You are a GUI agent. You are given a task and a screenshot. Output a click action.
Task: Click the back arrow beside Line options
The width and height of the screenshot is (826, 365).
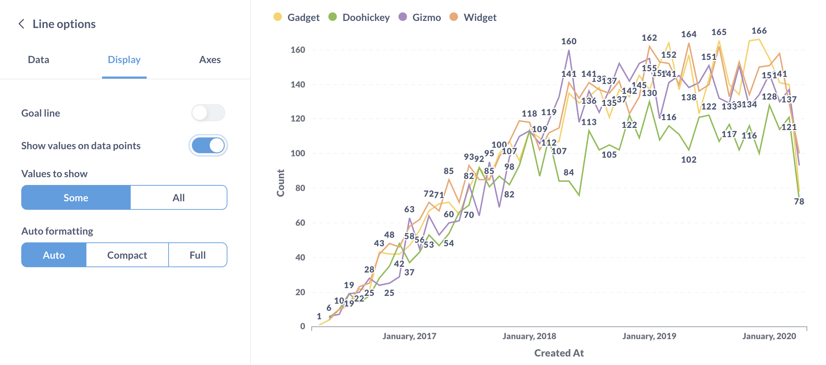[22, 24]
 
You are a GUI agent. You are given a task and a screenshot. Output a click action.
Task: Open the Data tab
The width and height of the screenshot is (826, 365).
[39, 60]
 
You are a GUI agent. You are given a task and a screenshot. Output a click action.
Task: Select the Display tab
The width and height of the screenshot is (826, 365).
[124, 60]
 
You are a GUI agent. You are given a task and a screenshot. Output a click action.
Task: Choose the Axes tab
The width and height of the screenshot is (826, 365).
[210, 60]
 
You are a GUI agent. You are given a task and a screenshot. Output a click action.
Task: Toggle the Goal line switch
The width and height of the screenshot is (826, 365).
[208, 113]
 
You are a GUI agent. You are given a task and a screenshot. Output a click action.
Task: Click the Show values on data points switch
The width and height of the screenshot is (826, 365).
[208, 145]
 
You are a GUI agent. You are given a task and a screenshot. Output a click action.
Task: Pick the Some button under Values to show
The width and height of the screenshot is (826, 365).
[76, 197]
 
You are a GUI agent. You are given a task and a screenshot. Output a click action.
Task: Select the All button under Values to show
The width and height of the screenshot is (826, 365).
[179, 197]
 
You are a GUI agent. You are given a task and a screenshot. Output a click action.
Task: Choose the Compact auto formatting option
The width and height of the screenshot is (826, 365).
[127, 255]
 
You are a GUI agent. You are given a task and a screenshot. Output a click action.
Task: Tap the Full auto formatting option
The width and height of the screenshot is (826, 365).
[197, 255]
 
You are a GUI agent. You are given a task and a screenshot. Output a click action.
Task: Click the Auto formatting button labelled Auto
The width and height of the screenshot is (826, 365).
[54, 255]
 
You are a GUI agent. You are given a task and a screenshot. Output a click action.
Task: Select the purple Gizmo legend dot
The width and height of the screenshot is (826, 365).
[403, 17]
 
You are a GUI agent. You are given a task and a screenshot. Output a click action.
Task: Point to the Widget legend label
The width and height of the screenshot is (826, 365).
[480, 17]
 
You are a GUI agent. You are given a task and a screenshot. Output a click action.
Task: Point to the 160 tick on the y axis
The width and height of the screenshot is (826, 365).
[298, 50]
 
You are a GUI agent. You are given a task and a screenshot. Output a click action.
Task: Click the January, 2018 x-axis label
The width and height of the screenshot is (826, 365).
[529, 336]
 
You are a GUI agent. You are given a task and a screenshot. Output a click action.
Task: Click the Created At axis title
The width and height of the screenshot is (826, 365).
[559, 353]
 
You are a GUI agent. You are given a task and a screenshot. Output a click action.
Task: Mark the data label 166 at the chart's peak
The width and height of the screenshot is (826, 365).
[759, 31]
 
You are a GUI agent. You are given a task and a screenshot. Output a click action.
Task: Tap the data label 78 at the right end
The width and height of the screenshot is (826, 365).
[799, 202]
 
